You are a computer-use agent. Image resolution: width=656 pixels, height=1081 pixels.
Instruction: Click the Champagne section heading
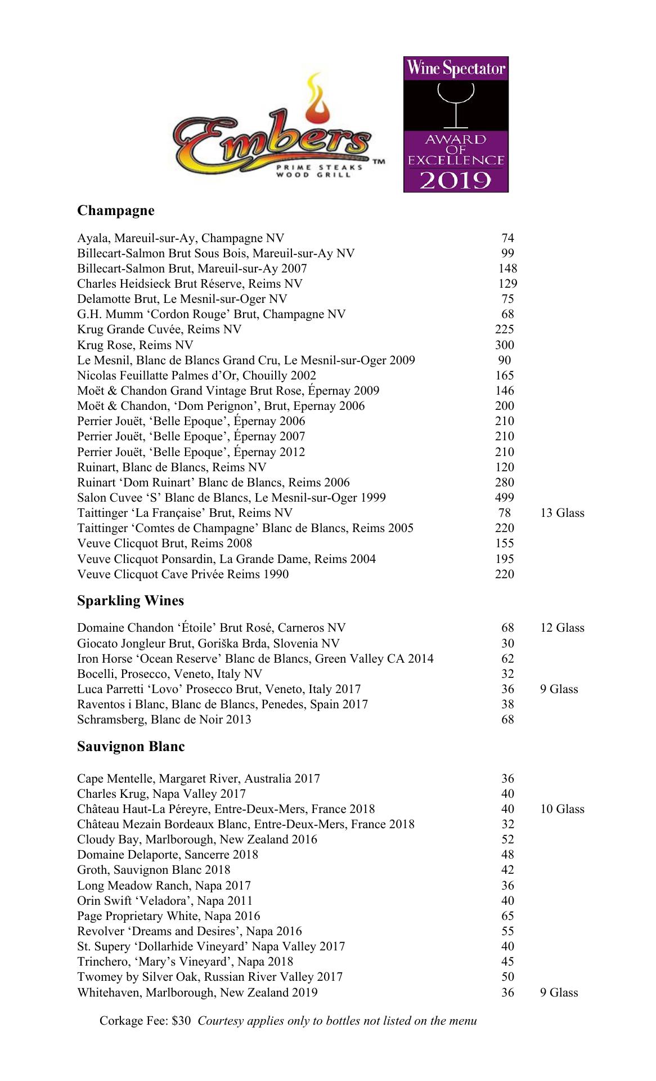[115, 211]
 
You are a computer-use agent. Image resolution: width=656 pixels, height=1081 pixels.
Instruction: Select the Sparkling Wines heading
[131, 601]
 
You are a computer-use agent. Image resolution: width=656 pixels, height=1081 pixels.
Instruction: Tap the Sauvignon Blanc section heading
[131, 747]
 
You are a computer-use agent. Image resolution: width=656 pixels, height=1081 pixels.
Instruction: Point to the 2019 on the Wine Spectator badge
[456, 180]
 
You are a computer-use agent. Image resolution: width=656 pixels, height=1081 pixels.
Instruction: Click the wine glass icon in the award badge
[456, 104]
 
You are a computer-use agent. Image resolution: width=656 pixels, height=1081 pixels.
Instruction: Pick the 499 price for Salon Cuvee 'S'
[505, 498]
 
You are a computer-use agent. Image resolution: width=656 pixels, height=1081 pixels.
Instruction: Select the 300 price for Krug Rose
[505, 345]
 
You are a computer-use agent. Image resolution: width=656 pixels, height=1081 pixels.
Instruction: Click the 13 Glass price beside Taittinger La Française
[562, 513]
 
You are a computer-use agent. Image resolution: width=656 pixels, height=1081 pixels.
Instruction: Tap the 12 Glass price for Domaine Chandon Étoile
[562, 628]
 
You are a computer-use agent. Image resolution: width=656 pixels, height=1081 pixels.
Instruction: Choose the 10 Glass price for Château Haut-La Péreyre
[562, 809]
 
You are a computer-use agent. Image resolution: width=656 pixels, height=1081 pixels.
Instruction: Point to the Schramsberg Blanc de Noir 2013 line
[164, 720]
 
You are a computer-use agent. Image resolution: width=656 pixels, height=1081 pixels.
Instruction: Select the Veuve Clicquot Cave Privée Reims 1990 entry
[183, 574]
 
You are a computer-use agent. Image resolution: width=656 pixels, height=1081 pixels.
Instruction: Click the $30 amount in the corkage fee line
[182, 1021]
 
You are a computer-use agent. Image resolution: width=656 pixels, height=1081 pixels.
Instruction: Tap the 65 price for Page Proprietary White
[507, 916]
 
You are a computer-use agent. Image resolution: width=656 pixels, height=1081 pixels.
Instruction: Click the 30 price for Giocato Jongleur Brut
[507, 644]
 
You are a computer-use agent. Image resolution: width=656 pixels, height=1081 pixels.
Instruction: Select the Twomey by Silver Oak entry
[210, 977]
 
